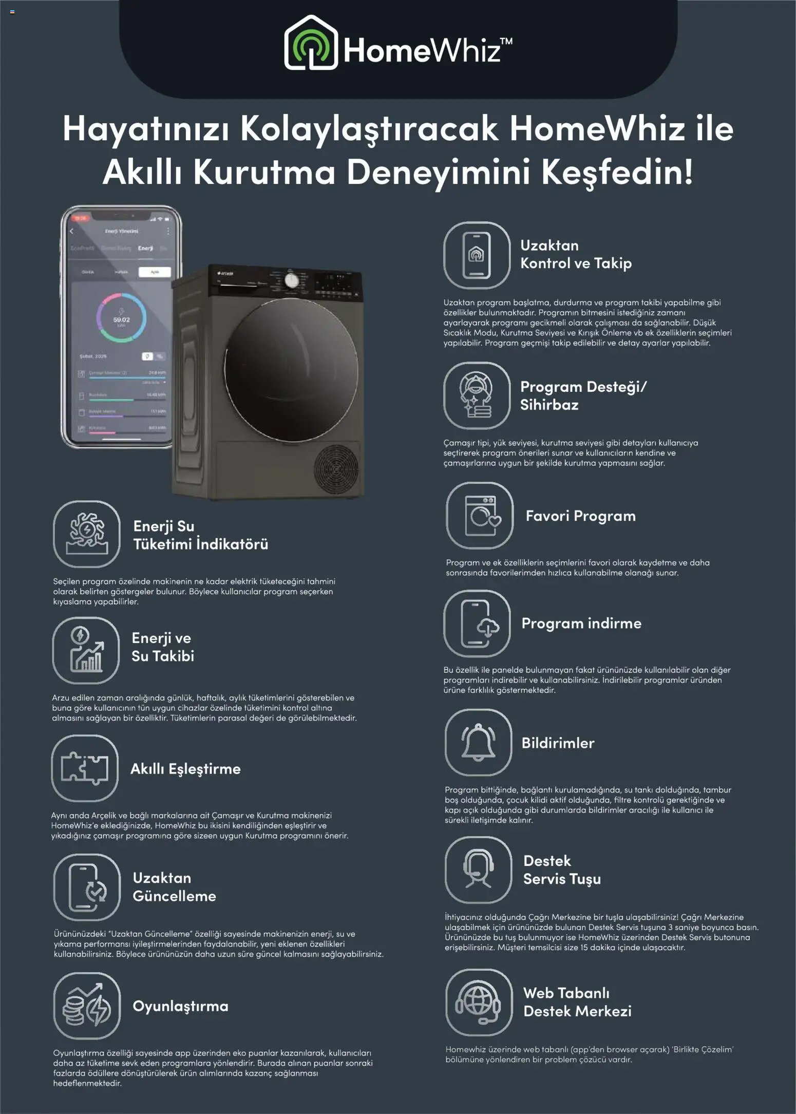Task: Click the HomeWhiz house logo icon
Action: click(x=311, y=43)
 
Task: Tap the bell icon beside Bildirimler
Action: click(x=478, y=742)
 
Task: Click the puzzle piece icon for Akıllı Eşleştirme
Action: click(x=85, y=768)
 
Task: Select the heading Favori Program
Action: click(x=580, y=516)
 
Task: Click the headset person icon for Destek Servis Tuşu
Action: click(x=478, y=870)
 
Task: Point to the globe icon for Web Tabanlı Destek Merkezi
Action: click(x=479, y=1002)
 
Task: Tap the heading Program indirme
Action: click(x=581, y=623)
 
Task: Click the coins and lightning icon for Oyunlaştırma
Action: click(x=87, y=1006)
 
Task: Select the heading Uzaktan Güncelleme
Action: click(x=174, y=887)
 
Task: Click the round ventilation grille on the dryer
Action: click(x=336, y=468)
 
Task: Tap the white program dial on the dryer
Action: click(x=291, y=281)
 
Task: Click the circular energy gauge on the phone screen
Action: click(x=121, y=317)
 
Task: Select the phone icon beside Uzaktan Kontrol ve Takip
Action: click(x=477, y=255)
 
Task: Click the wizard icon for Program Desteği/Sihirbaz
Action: click(x=477, y=395)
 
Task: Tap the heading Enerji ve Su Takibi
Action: click(x=163, y=647)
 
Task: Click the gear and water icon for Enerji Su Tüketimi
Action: click(x=87, y=534)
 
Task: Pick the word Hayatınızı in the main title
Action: click(x=146, y=128)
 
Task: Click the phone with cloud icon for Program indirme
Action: click(x=477, y=624)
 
